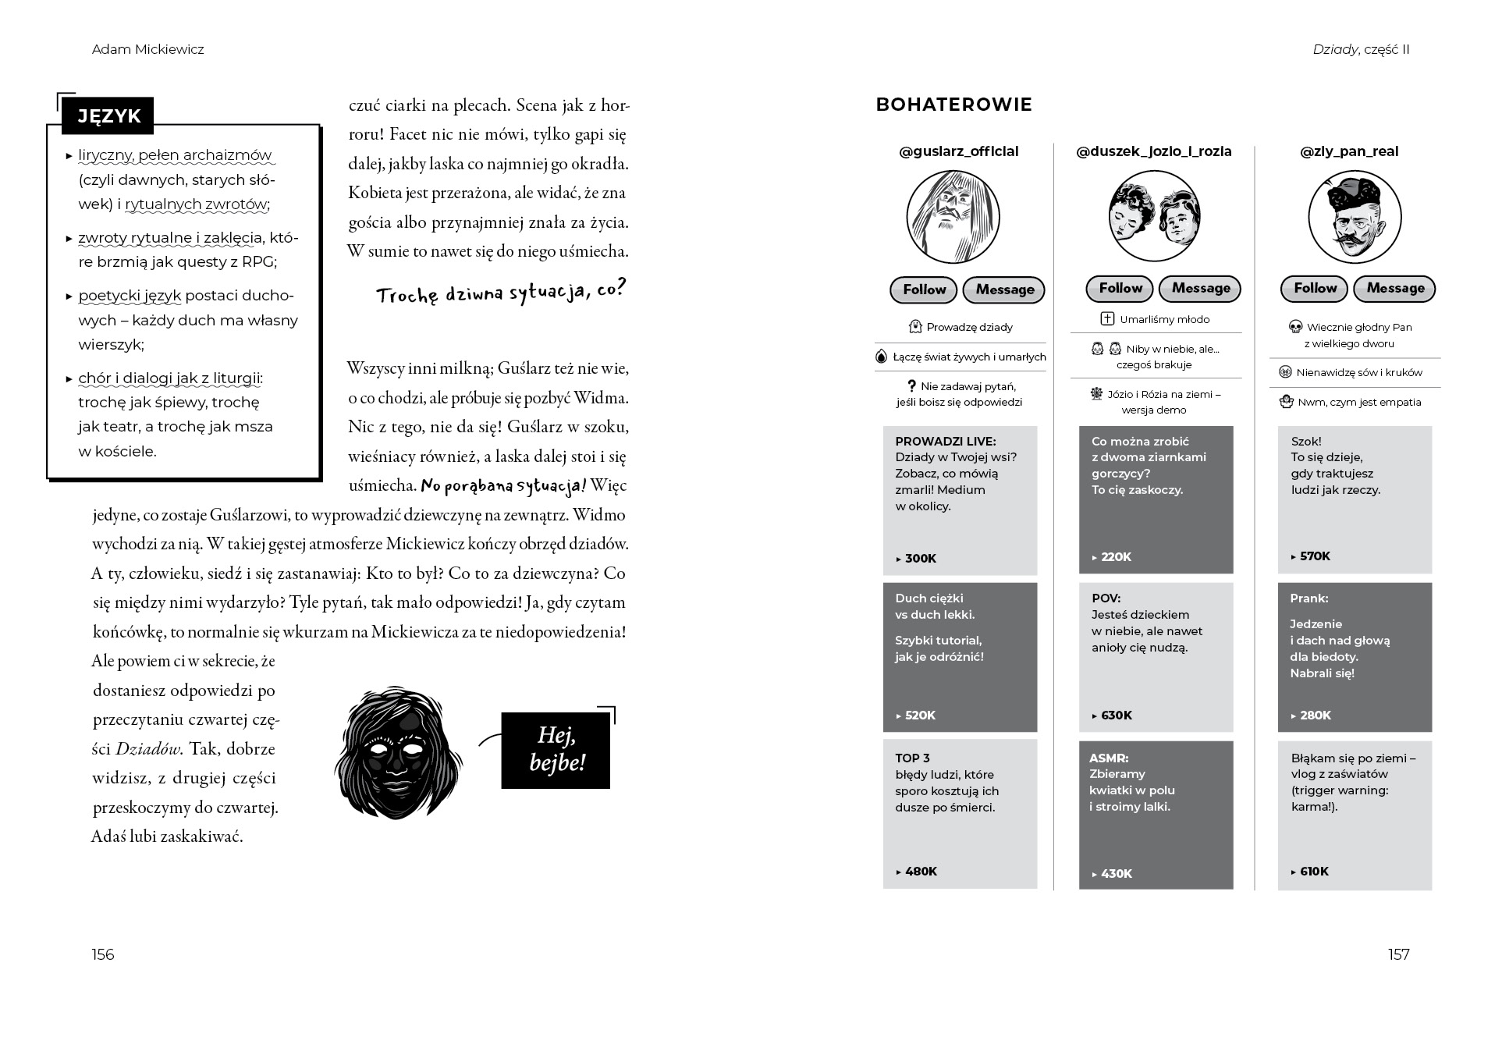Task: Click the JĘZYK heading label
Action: pyautogui.click(x=108, y=116)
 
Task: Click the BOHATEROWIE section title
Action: pyautogui.click(x=953, y=105)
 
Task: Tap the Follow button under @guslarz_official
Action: pyautogui.click(x=924, y=289)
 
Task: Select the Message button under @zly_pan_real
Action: pyautogui.click(x=1394, y=289)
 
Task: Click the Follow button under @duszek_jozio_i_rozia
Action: pyautogui.click(x=1120, y=289)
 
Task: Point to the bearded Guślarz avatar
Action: pyautogui.click(x=953, y=217)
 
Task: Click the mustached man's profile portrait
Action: pyautogui.click(x=1354, y=217)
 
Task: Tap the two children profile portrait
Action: pyautogui.click(x=1154, y=215)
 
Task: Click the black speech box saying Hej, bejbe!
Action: pyautogui.click(x=556, y=749)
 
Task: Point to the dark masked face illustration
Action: pyautogui.click(x=397, y=753)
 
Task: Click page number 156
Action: pyautogui.click(x=103, y=954)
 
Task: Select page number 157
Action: pyautogui.click(x=1398, y=954)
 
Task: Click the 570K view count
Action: pyautogui.click(x=1315, y=556)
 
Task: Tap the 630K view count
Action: pyautogui.click(x=1116, y=716)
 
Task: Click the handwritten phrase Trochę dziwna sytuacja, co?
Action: pyautogui.click(x=501, y=293)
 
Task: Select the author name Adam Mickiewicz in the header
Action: pyautogui.click(x=148, y=50)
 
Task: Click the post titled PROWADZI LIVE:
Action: pyautogui.click(x=946, y=442)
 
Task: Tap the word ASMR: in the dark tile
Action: pyautogui.click(x=1109, y=758)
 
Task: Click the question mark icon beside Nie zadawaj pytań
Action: pyautogui.click(x=911, y=386)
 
